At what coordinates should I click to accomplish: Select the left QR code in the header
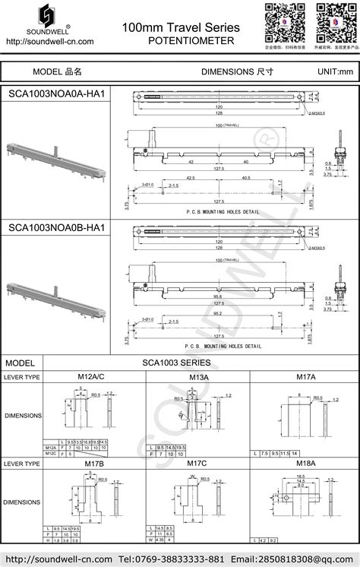point(281,21)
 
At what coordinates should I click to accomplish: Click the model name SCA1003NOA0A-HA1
point(56,93)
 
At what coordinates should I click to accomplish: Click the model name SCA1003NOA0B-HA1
point(56,227)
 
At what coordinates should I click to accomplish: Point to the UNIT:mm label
point(335,71)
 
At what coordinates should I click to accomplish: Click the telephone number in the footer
point(171,558)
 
